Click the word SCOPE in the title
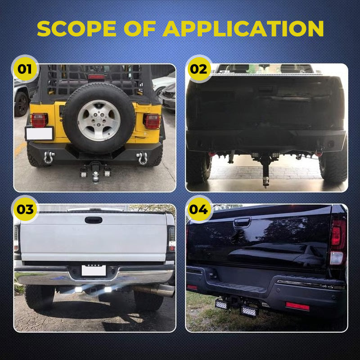[x=76, y=28]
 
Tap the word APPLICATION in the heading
[x=243, y=28]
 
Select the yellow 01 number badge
[x=25, y=69]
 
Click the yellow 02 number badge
[x=199, y=69]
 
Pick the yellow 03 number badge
[x=25, y=209]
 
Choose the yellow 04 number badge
[x=199, y=209]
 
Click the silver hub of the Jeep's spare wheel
[x=99, y=120]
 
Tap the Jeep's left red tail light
[x=39, y=120]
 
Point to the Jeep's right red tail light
[x=152, y=121]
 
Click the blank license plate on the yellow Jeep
[x=40, y=134]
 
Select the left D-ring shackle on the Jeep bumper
[x=49, y=157]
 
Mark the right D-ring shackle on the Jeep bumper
[x=142, y=158]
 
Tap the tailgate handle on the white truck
[x=94, y=220]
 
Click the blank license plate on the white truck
[x=94, y=270]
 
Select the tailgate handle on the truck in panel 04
[x=242, y=222]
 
